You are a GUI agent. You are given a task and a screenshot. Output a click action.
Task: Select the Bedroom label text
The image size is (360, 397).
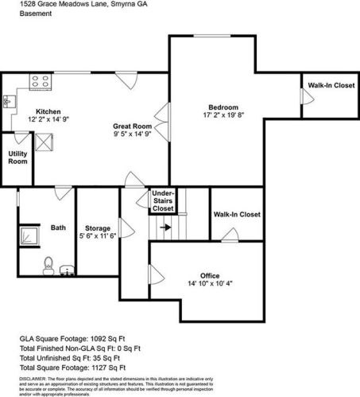coord(223,107)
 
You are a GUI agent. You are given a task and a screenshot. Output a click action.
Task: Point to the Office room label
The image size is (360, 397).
coord(210,276)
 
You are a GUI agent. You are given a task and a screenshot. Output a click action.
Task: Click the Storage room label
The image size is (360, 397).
coord(97,228)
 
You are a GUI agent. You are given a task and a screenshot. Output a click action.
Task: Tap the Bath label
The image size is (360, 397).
coord(58,228)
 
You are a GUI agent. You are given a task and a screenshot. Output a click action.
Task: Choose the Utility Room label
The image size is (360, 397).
coord(17,157)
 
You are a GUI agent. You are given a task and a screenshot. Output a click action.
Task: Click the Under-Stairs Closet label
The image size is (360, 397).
coord(163,200)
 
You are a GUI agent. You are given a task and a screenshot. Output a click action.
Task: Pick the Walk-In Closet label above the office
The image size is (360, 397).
coord(237,214)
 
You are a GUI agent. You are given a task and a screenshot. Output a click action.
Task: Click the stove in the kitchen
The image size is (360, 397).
coord(37,80)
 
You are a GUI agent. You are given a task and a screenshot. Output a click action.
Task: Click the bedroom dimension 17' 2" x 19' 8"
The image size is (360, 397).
coord(223,115)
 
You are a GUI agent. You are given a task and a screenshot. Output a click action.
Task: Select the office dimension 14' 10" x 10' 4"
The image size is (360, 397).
coord(210,284)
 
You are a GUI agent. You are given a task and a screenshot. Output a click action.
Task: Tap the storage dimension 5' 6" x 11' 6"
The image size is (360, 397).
coord(97,236)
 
